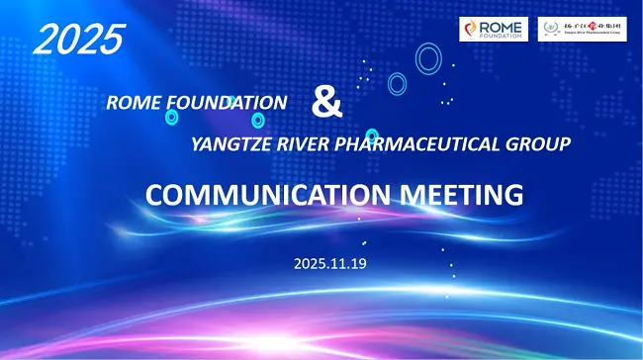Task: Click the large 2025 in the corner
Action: point(78,39)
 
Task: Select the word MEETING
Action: point(461,194)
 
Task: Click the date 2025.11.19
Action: point(329,264)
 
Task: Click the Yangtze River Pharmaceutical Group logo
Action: point(581,29)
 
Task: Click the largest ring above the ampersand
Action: point(427,59)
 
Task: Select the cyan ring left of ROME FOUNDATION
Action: point(172,117)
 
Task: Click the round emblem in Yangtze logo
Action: point(550,29)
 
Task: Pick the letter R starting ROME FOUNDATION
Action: point(112,102)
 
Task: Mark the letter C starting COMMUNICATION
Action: point(156,195)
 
